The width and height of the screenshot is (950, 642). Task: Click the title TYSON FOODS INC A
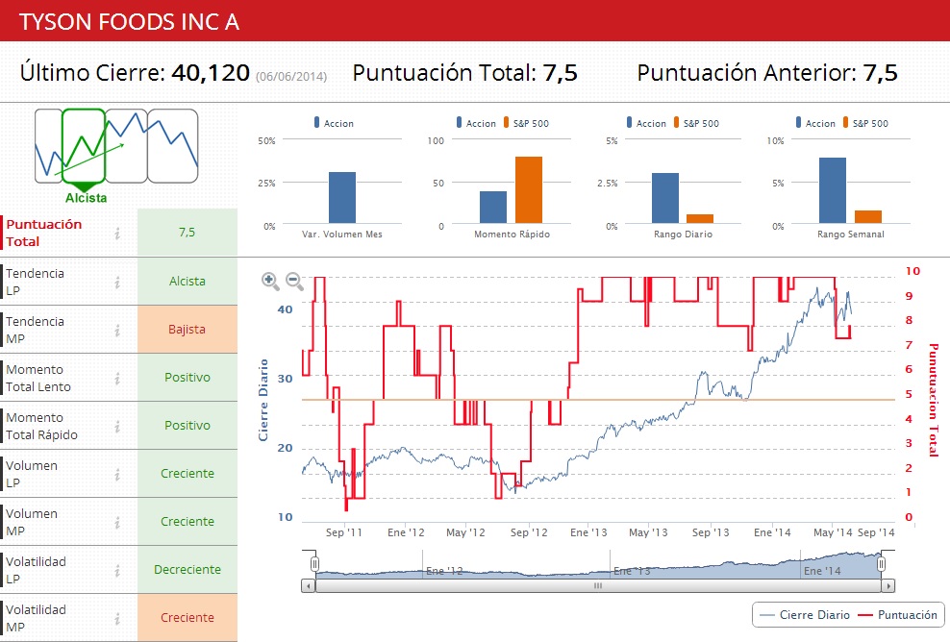130,21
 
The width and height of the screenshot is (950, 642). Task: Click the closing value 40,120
211,72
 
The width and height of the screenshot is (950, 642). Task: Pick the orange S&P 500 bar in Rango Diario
699,220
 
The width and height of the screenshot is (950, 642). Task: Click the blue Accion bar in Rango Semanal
833,191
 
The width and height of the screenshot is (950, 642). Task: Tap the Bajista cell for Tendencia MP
187,330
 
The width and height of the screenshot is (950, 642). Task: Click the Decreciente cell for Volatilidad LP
187,570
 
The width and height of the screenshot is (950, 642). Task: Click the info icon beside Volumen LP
117,474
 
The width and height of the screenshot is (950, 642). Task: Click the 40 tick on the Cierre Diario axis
285,309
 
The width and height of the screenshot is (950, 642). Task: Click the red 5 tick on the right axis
909,394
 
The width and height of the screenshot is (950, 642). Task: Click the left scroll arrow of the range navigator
308,585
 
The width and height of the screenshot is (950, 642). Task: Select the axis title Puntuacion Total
932,399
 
